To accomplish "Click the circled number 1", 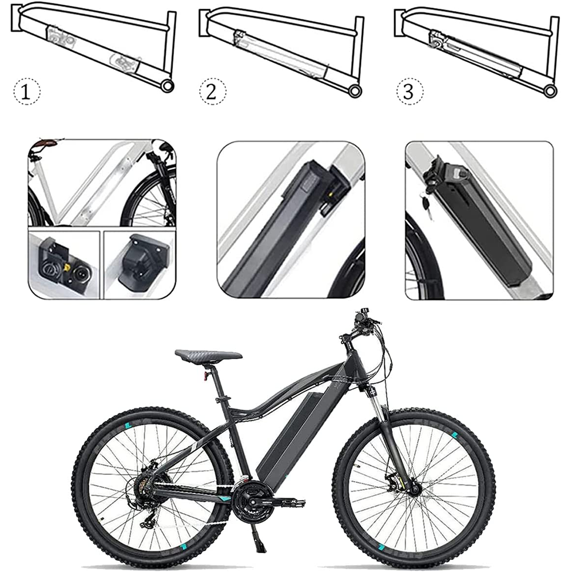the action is [27, 92].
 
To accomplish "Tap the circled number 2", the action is [212, 92].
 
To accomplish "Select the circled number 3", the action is [410, 92].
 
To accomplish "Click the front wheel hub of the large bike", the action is [414, 487].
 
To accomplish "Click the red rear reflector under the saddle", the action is [206, 375].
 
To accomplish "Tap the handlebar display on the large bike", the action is [363, 313].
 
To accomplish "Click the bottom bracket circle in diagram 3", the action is [550, 90].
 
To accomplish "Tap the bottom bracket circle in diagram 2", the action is [355, 90].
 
